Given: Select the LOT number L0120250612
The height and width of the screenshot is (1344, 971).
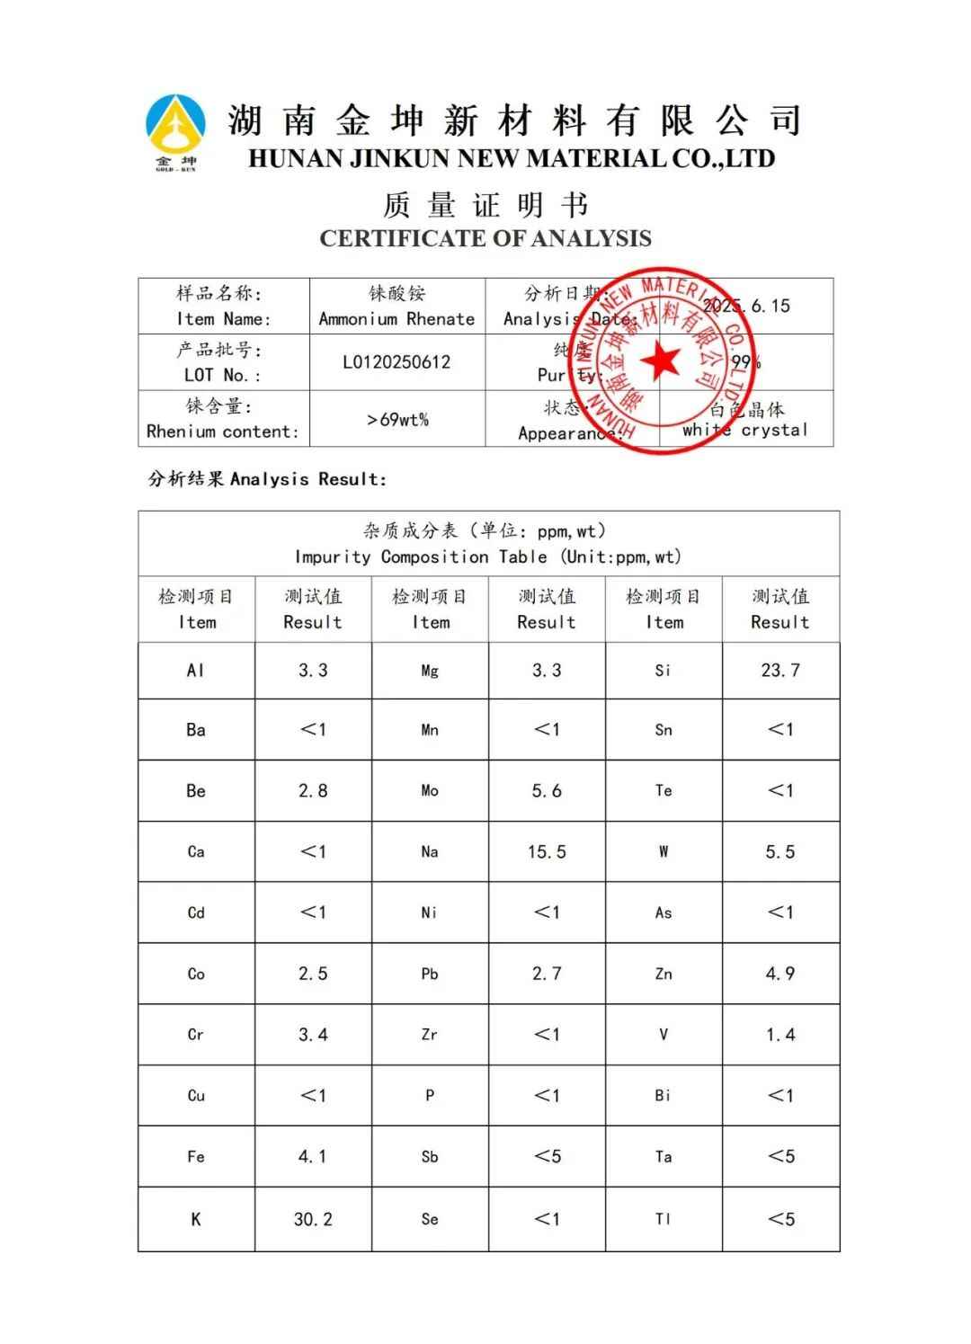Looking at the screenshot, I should [396, 362].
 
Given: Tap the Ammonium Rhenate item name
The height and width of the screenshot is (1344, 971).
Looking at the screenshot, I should [396, 319].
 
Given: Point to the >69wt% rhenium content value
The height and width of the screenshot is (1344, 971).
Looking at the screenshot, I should [396, 419].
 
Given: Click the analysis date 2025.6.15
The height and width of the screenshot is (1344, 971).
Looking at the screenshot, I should [746, 306].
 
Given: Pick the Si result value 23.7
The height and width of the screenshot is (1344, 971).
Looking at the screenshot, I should [779, 670].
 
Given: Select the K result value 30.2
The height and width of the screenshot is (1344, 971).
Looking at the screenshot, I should [313, 1219].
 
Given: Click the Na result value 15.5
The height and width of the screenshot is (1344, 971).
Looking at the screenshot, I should [547, 851].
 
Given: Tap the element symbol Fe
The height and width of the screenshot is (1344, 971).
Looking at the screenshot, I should [196, 1157].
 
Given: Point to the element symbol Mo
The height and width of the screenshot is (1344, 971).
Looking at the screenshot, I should [430, 791].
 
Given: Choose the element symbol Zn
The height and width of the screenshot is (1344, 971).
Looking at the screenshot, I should [664, 974].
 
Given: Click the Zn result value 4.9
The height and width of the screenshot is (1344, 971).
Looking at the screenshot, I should [779, 974].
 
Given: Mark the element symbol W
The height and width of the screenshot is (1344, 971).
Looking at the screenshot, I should [664, 851].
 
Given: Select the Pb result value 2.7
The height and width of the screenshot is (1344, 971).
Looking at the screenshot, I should [547, 974].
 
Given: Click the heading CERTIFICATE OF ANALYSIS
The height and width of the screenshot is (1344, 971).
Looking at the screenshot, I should [485, 238].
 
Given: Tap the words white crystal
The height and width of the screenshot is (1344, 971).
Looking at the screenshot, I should [744, 430].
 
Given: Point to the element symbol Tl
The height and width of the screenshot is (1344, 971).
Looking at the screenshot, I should [664, 1219].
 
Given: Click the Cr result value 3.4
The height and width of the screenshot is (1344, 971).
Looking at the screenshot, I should [313, 1035].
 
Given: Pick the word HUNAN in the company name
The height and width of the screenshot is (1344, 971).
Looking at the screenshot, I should [294, 159].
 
